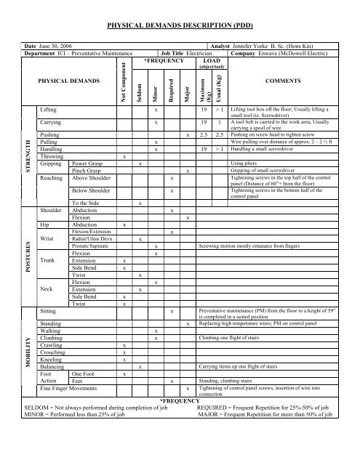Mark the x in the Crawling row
124,345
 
